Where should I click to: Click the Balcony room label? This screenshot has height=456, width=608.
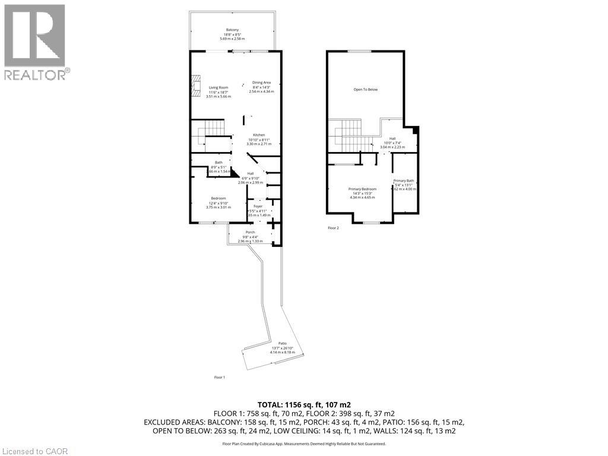tap(232, 30)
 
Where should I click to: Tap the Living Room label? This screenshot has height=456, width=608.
tap(218, 88)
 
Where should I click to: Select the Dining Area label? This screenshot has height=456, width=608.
tap(261, 83)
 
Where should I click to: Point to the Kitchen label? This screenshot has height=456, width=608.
tap(259, 135)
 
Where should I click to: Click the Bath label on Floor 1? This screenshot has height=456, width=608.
tap(218, 163)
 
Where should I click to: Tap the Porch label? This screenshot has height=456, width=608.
tap(250, 232)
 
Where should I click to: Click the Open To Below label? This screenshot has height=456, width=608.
tap(365, 90)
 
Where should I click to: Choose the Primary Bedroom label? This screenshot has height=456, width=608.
tap(362, 189)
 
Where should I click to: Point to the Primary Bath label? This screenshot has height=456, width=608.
tap(404, 180)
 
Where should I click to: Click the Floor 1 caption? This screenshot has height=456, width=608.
tap(220, 377)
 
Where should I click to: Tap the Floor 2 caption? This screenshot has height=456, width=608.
tap(334, 227)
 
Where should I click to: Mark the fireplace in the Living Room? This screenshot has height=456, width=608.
tap(196, 85)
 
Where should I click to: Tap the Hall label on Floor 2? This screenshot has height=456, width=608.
tap(392, 138)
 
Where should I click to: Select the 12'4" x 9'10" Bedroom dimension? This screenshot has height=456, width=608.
tap(218, 203)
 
